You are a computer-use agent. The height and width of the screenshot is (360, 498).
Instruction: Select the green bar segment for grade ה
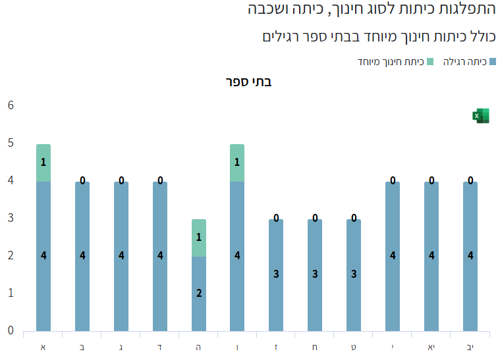199,238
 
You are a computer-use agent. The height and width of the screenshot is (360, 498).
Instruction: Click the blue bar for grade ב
82,257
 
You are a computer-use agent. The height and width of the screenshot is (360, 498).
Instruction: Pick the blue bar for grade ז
276,275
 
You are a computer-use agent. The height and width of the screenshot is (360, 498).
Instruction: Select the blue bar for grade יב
470,257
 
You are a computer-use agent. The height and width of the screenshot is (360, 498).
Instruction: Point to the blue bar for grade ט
354,275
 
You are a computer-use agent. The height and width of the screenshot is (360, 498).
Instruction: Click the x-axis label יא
431,346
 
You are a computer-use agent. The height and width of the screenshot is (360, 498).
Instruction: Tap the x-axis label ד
160,346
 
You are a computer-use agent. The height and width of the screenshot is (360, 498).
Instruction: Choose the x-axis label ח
315,346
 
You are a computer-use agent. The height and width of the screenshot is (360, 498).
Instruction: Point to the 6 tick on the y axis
11,105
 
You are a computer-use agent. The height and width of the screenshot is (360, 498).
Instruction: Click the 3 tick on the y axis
11,218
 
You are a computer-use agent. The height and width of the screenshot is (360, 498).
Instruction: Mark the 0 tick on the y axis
11,330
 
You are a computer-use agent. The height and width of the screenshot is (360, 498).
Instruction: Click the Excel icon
481,116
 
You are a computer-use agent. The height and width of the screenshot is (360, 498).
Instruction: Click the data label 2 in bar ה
199,294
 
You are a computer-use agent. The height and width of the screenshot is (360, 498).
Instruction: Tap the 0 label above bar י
393,180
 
